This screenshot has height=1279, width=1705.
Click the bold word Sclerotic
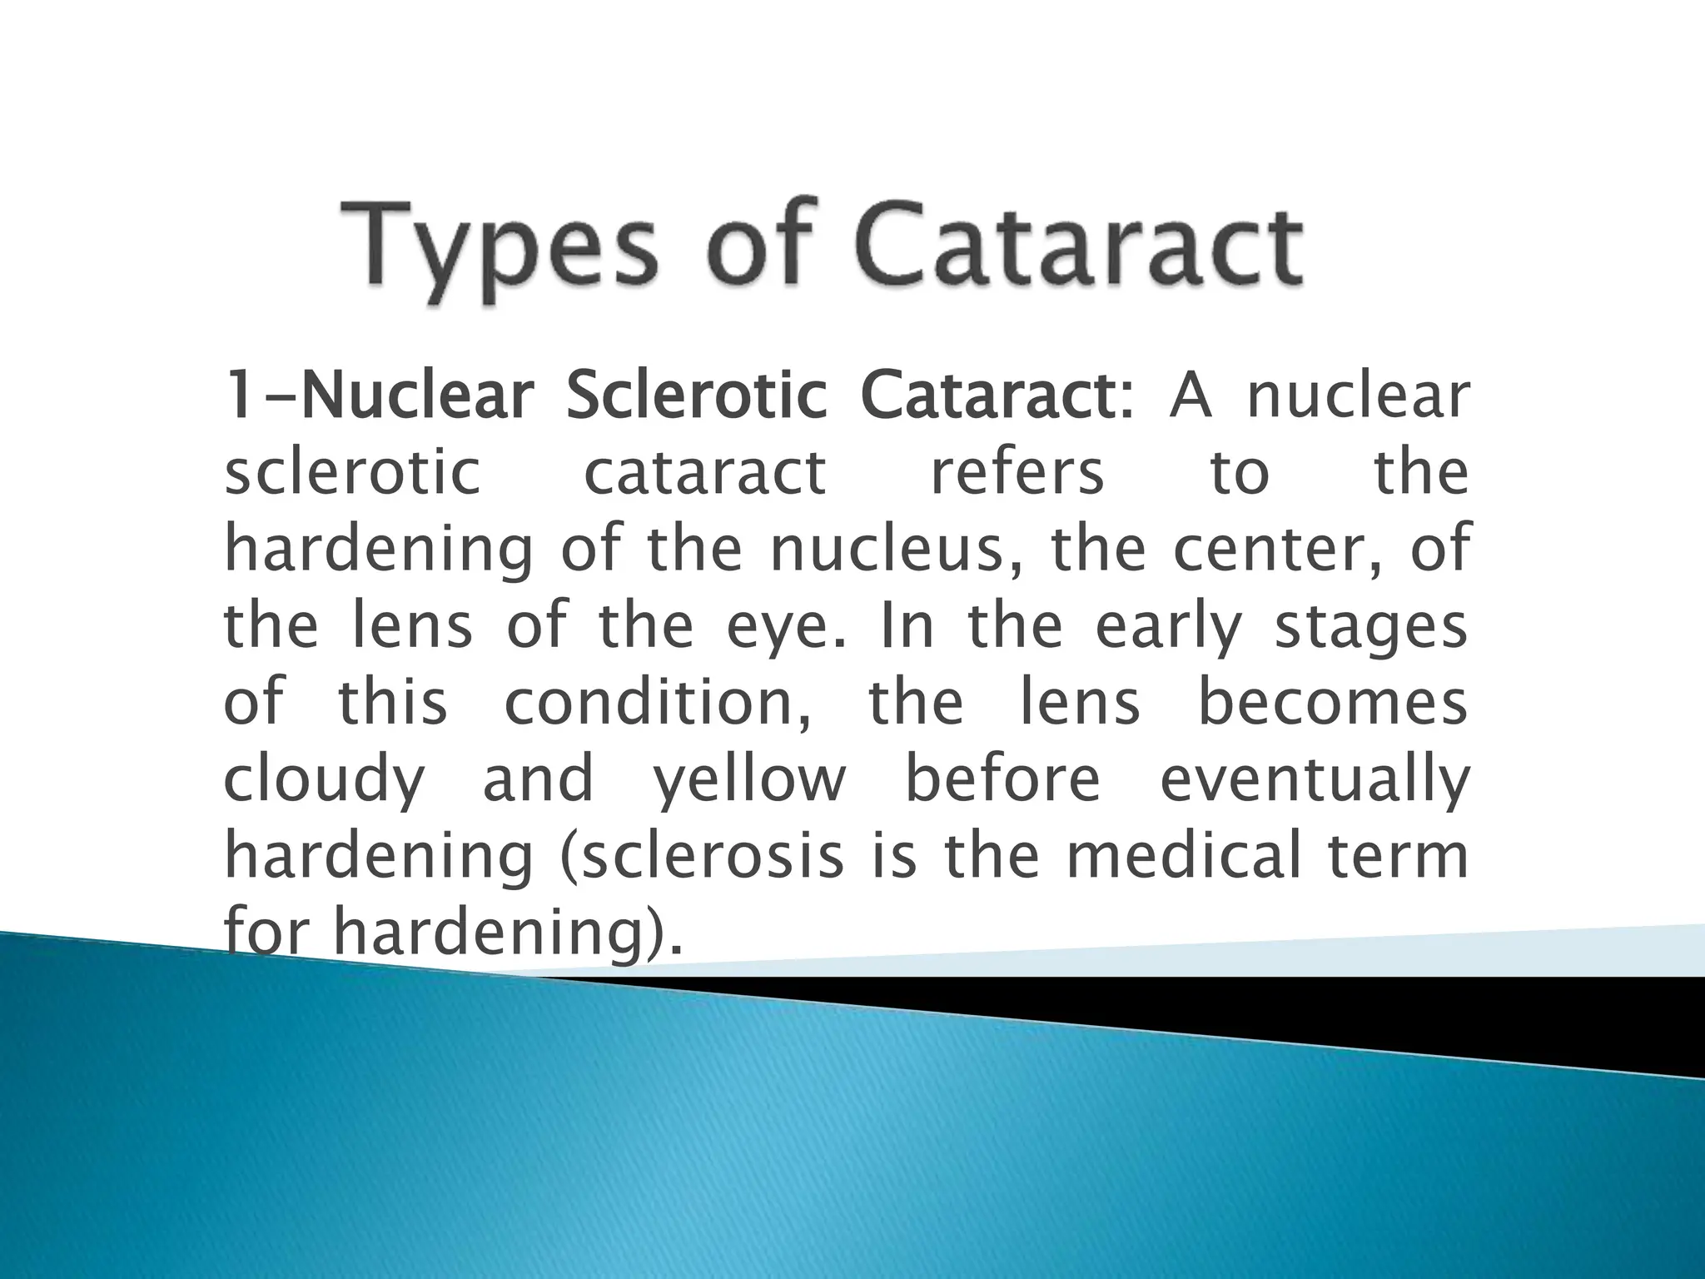pyautogui.click(x=696, y=396)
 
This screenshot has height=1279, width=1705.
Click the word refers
pyautogui.click(x=1017, y=472)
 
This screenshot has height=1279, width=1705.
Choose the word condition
pyautogui.click(x=658, y=704)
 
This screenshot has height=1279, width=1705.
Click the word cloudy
pyautogui.click(x=324, y=780)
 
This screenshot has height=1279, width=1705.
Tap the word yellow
pyautogui.click(x=748, y=780)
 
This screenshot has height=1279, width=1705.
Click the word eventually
pyautogui.click(x=1314, y=780)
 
